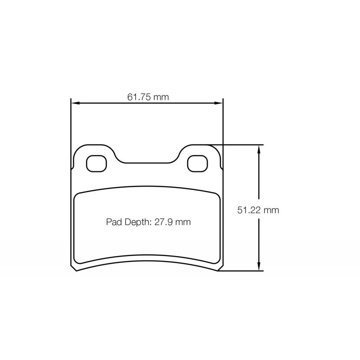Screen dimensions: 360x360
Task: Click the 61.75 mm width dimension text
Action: [148, 97]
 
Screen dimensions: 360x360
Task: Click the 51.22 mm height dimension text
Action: [258, 210]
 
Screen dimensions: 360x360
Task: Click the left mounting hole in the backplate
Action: [96, 163]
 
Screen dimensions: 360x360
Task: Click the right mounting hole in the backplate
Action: [197, 163]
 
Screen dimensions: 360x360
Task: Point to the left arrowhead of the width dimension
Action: [75, 103]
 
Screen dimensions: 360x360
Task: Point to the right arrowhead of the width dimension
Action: [220, 103]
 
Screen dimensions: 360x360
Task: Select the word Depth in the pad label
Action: [136, 221]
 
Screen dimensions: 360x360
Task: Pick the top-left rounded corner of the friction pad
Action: [77, 193]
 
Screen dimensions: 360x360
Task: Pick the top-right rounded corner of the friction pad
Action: [216, 193]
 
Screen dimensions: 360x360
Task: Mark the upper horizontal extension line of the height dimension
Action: [238, 144]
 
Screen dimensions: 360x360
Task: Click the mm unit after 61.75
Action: [160, 97]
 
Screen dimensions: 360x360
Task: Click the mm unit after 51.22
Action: [271, 210]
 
